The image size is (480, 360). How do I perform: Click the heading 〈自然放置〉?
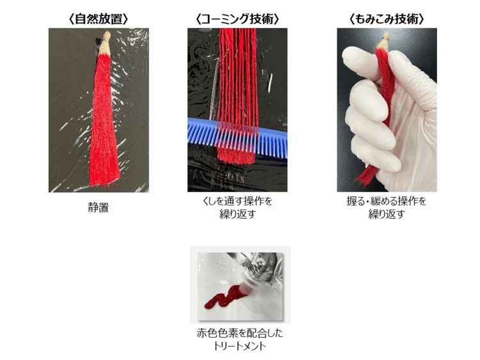coord(99,19)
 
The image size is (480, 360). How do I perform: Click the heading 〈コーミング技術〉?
coord(237,19)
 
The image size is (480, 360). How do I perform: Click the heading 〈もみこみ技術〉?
coord(387,19)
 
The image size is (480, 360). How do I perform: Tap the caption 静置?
coord(99,208)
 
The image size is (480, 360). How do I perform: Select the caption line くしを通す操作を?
coord(237,201)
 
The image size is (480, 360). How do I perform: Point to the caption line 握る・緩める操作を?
coord(387,201)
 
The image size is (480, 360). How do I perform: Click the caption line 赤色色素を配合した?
coord(240,333)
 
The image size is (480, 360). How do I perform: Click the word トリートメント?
coord(239,346)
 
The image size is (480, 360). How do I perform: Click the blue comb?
coord(237,137)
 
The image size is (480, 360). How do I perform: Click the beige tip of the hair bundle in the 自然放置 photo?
coord(105,43)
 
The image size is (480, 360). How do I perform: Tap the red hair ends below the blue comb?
coord(236,155)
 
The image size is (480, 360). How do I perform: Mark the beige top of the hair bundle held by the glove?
coord(384,40)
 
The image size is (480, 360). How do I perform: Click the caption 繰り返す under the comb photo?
coord(237,214)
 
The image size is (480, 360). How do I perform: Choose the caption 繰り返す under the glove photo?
coord(387,214)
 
